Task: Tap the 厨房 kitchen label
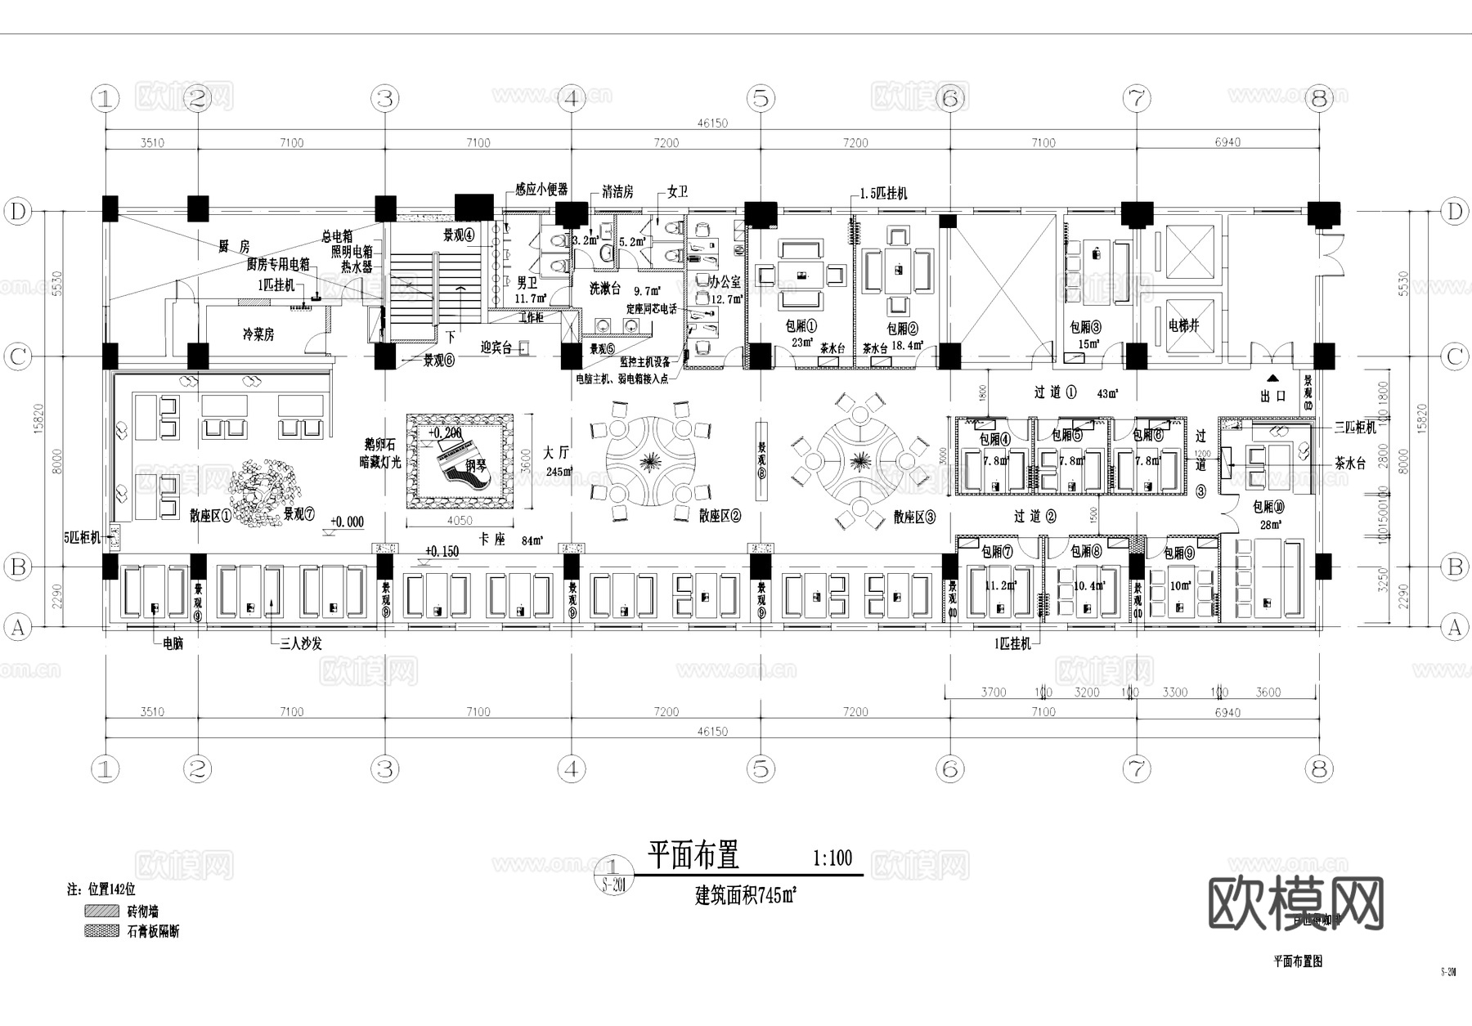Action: click(233, 246)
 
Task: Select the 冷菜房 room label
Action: click(258, 334)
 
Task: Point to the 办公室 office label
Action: click(725, 281)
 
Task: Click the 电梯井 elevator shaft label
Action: click(1183, 325)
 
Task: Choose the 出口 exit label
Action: click(1273, 396)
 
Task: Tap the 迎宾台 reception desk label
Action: click(496, 347)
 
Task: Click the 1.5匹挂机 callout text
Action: click(883, 194)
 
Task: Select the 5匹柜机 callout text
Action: click(83, 538)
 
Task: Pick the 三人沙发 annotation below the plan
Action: click(301, 643)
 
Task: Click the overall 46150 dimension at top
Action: click(712, 123)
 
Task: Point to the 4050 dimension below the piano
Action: click(460, 521)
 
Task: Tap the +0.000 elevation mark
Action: click(347, 522)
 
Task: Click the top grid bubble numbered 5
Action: click(761, 99)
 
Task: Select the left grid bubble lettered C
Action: click(17, 357)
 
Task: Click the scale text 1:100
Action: click(832, 858)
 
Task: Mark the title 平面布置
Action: click(693, 855)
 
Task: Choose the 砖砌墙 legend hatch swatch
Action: click(101, 911)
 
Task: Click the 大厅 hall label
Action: click(556, 453)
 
